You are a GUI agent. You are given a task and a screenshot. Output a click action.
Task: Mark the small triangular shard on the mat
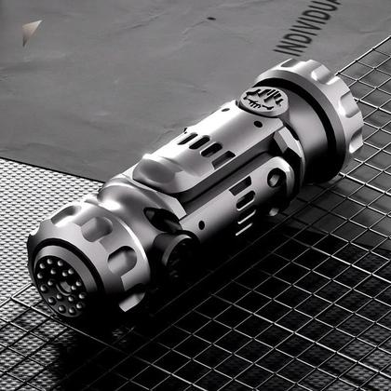(33, 28)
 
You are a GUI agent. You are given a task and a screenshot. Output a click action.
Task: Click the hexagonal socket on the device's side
(276, 177)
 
